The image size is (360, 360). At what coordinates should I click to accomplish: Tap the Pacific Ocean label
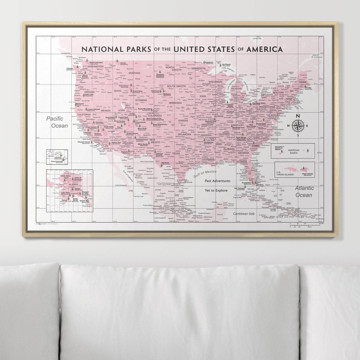coord(57,122)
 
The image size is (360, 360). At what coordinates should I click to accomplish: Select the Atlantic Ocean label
coord(304,191)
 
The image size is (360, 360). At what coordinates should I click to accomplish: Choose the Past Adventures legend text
coord(217,181)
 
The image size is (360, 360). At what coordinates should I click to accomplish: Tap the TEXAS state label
coord(176,153)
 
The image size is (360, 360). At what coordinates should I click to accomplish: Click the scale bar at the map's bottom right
coord(306,225)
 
